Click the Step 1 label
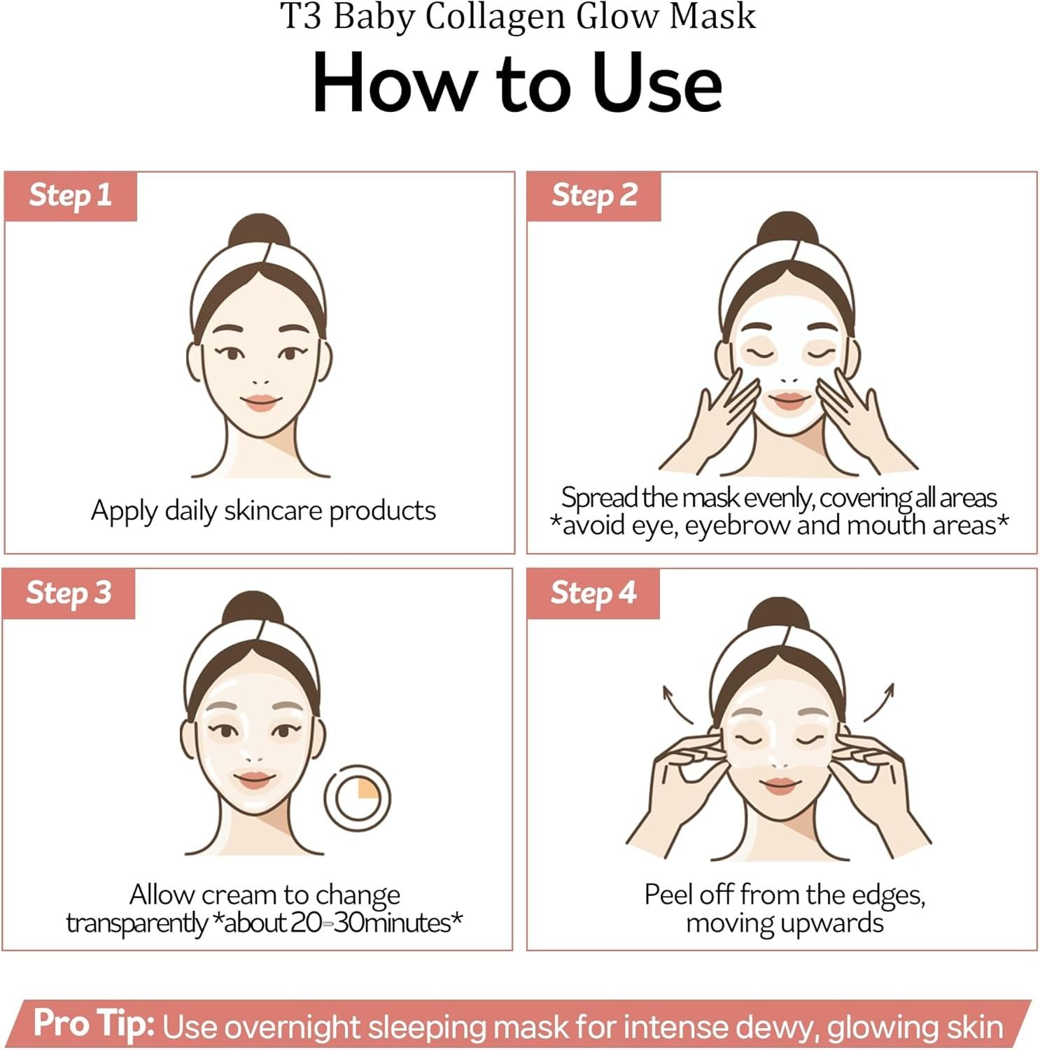[70, 195]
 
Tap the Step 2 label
[594, 195]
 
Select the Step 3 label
[69, 593]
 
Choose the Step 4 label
[593, 593]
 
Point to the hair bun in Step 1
[260, 232]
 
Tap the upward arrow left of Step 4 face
[676, 704]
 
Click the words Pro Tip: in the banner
[94, 1024]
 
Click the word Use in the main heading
[656, 83]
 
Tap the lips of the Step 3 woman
[253, 780]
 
